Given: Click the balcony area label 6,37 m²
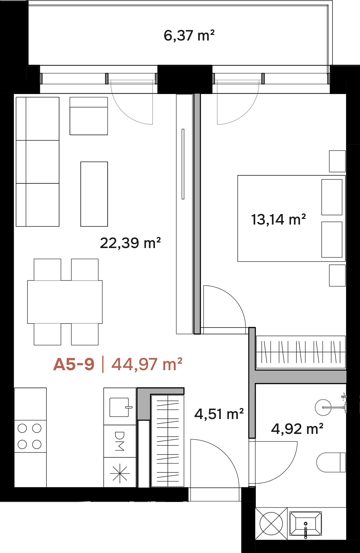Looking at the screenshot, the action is (189, 36).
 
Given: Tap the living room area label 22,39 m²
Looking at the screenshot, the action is (130, 243).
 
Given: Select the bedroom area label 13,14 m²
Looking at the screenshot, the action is (278, 220).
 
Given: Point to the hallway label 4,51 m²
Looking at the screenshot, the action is (219, 414).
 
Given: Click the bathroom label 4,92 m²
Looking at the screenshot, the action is (297, 429).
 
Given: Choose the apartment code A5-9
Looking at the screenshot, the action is (74, 364).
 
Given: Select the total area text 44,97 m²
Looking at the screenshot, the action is (147, 364).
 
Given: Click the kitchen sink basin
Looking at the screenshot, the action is (119, 407).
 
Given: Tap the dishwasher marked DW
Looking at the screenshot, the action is (120, 441).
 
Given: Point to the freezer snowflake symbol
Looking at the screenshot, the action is (120, 473).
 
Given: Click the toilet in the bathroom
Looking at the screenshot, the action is (331, 462).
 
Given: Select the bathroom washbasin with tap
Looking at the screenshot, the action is (306, 524).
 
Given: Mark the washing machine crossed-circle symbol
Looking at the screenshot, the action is (271, 524).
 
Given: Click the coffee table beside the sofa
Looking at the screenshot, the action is (94, 194).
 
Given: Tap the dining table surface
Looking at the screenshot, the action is (65, 302).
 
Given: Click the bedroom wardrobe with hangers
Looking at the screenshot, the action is (301, 352).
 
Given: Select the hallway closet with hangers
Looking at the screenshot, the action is (168, 441).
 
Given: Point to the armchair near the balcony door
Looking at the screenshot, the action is (89, 116).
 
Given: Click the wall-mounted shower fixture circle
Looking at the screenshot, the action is (323, 407).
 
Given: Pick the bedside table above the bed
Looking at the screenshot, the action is (337, 161).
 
